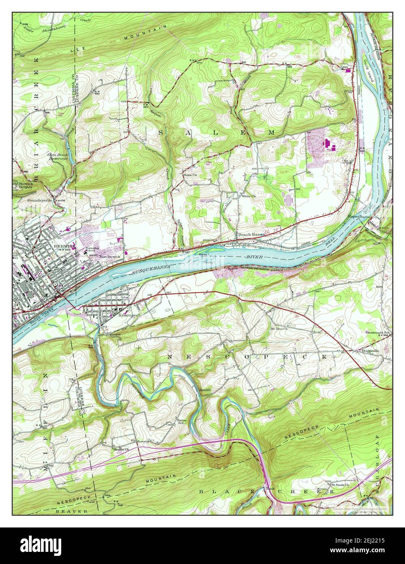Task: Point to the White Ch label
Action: tap(248, 196)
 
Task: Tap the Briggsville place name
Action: tap(371, 351)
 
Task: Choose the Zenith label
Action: tap(206, 389)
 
